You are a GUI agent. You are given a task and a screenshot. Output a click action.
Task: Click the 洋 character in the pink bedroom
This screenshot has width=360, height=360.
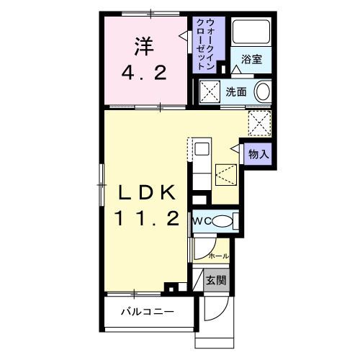[x=144, y=47]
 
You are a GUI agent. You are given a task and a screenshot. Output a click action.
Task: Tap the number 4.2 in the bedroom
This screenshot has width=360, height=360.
[x=144, y=73]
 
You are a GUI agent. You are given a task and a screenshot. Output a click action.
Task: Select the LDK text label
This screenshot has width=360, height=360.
[x=147, y=193]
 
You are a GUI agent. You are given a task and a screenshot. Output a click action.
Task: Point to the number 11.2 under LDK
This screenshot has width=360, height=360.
[x=147, y=218]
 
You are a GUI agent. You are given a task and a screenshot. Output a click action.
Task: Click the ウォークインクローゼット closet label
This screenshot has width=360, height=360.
[x=205, y=44]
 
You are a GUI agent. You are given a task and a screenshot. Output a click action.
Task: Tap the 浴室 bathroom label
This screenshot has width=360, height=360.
[x=251, y=59]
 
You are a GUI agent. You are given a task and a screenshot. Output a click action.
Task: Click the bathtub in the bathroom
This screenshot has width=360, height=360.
[x=251, y=32]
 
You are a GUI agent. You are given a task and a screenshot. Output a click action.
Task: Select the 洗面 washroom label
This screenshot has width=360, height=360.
[x=236, y=92]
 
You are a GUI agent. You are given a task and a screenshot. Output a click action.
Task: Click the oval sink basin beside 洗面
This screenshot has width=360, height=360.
[x=264, y=92]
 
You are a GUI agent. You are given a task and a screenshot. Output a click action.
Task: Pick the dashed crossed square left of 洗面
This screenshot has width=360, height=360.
[x=210, y=91]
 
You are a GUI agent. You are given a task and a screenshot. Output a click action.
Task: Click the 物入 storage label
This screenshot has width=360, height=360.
[x=258, y=154]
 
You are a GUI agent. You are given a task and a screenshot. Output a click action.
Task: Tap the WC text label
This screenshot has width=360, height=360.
[x=202, y=221]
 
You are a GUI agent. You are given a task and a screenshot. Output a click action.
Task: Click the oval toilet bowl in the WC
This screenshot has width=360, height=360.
[x=222, y=221]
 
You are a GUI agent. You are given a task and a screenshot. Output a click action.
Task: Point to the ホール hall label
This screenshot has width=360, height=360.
[x=219, y=256]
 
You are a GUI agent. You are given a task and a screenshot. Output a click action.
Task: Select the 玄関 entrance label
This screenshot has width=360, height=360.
[x=217, y=280]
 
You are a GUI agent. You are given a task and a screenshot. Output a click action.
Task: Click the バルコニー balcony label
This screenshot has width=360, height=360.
[x=148, y=312]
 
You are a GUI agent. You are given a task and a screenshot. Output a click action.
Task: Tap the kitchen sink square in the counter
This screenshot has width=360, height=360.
[x=202, y=149]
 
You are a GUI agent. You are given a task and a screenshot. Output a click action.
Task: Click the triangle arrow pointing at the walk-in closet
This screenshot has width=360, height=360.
[x=183, y=36]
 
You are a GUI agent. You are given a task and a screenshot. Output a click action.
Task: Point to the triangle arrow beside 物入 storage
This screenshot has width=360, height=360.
[x=235, y=149]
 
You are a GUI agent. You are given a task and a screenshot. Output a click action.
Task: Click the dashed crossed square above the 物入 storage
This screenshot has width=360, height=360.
[x=260, y=124]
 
